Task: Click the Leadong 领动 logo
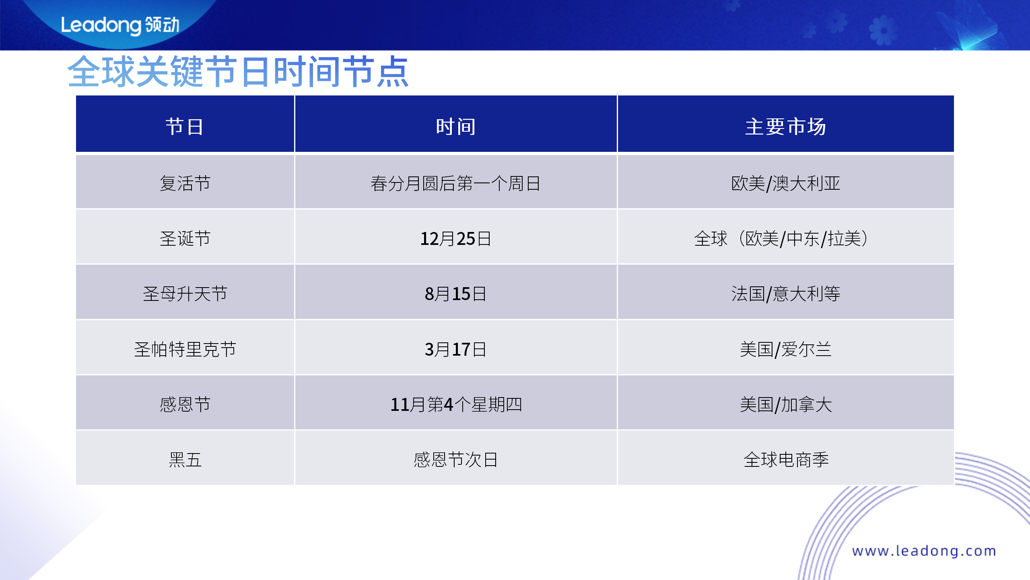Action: (120, 25)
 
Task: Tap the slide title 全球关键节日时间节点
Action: (238, 72)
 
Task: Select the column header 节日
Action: (185, 126)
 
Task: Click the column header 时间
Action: (455, 126)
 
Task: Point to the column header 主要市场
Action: (785, 126)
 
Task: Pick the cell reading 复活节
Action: (185, 183)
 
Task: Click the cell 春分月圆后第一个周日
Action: (455, 183)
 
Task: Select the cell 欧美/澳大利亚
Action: (785, 183)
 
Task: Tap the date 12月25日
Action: (455, 238)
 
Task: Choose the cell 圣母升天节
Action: (185, 294)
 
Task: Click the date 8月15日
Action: (455, 294)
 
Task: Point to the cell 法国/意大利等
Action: (785, 294)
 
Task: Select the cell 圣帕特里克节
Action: (185, 349)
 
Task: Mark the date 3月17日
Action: (455, 349)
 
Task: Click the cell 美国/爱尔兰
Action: (785, 349)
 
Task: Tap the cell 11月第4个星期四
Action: (456, 404)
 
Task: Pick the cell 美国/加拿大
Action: (785, 404)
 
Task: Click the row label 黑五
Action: (185, 460)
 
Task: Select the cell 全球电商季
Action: (786, 460)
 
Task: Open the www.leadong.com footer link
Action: (924, 551)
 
